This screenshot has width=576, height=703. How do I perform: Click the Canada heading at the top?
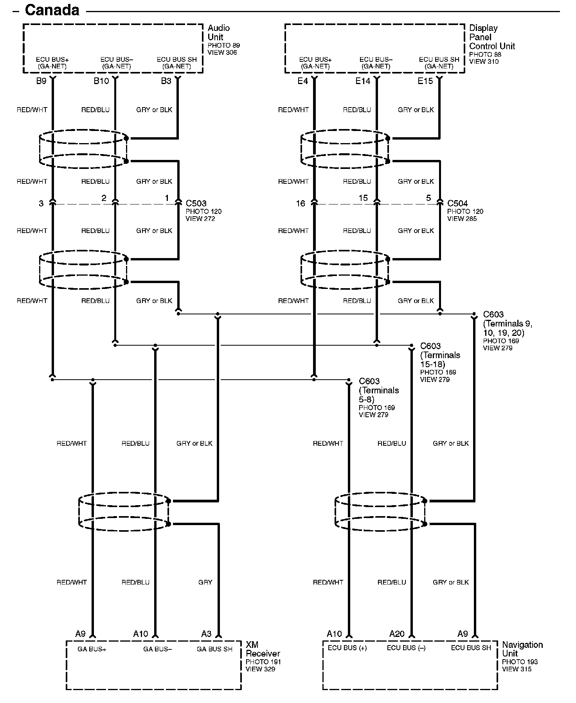pos(52,10)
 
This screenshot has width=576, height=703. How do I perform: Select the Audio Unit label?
pos(218,32)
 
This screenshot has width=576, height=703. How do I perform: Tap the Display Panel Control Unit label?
pos(492,37)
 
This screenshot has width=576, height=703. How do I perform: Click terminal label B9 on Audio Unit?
pos(41,81)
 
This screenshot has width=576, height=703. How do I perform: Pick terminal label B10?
pos(101,81)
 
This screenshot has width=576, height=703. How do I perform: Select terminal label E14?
pos(363,81)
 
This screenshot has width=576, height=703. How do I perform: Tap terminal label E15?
pos(425,81)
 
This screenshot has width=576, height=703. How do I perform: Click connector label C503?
pos(196,203)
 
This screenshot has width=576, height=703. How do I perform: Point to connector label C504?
pos(457,203)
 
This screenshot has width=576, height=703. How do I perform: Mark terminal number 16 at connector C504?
pos(300,203)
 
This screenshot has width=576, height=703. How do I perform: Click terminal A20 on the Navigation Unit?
pos(397,634)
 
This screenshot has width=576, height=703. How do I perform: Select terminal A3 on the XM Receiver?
pos(206,634)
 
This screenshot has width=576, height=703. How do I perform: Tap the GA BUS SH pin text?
pos(214,649)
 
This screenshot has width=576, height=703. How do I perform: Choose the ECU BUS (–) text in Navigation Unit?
pos(406,648)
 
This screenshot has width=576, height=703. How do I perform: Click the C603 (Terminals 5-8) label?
pos(378,390)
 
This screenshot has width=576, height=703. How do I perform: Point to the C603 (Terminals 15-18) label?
pos(440,355)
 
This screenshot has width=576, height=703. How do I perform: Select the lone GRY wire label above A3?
pos(205,582)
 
